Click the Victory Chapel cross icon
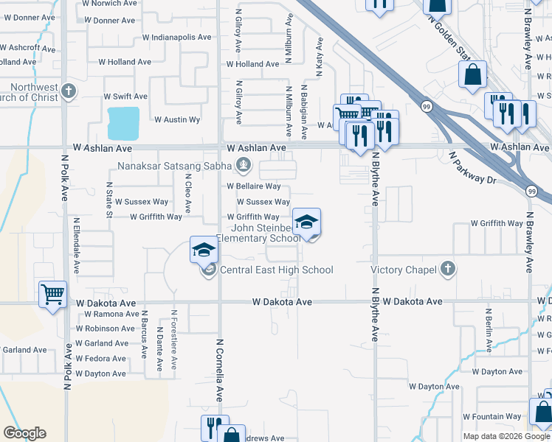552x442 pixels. click(x=446, y=270)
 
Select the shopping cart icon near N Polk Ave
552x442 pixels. click(x=53, y=295)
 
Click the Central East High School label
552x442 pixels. click(x=276, y=270)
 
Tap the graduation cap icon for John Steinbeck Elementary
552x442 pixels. click(x=306, y=222)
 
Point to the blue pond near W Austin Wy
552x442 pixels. click(x=123, y=122)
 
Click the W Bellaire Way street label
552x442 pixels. click(x=253, y=186)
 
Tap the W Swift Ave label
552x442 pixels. click(x=125, y=97)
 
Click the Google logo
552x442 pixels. click(x=24, y=433)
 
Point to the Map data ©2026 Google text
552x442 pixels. click(x=506, y=436)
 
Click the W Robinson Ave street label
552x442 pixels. click(x=106, y=329)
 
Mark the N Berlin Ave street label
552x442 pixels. click(x=489, y=326)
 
